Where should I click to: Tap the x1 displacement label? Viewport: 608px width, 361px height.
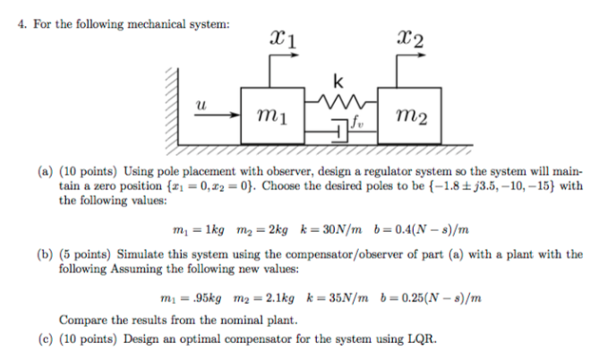(x=280, y=38)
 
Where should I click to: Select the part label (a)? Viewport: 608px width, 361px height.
(x=44, y=169)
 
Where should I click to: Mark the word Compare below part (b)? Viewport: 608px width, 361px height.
(x=82, y=320)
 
